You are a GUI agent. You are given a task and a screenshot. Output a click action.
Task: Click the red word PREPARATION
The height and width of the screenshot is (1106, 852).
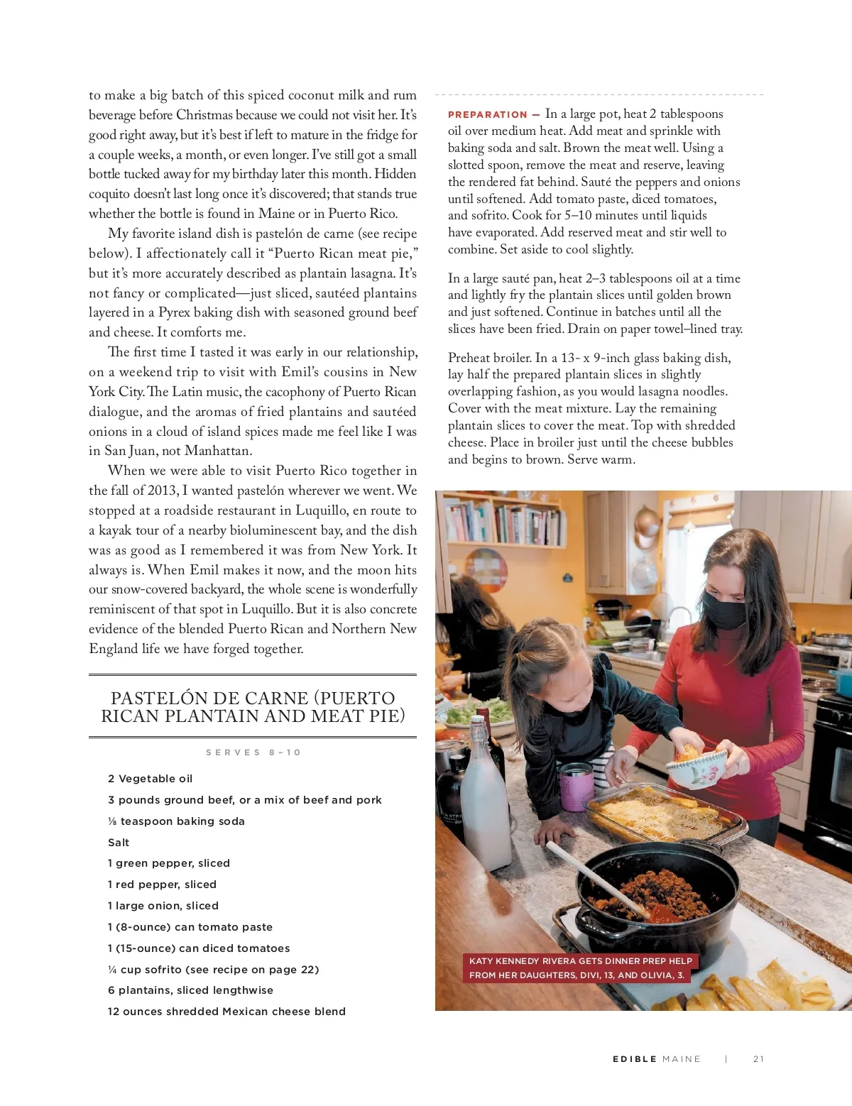coord(487,115)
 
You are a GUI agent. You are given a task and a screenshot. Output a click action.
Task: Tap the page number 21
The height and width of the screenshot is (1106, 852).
coord(758,1059)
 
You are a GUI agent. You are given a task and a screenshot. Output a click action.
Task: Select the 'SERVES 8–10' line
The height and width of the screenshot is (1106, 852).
coord(253,752)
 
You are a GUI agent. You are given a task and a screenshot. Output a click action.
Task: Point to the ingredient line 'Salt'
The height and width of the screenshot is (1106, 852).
coord(119,843)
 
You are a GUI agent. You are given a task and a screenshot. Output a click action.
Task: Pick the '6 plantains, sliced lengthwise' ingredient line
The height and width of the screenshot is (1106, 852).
coord(190,990)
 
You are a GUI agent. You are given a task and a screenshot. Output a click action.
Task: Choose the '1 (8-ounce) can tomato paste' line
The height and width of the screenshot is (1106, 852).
coord(190,927)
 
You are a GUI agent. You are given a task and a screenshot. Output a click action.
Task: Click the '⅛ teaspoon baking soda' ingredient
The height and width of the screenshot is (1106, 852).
coord(176,821)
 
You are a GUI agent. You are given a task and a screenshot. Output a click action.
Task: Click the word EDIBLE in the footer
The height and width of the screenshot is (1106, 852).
coord(635,1059)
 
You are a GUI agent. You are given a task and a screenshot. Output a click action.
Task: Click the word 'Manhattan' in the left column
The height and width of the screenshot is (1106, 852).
coord(217,451)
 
